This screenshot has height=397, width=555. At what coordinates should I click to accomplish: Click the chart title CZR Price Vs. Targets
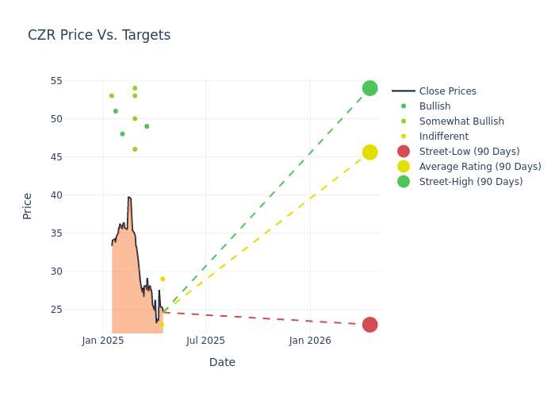99,35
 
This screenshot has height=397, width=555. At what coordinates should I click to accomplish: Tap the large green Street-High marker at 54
370,88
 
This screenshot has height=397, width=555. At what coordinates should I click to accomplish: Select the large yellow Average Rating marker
370,152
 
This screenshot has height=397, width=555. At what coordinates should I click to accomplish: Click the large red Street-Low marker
370,325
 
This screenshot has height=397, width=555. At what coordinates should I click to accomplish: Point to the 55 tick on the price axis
56,81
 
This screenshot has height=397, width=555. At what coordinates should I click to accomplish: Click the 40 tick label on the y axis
56,195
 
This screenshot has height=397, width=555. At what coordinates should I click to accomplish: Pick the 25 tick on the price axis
56,310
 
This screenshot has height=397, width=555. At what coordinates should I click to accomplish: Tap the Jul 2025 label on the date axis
205,341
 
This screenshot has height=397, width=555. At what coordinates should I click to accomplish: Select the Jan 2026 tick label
310,341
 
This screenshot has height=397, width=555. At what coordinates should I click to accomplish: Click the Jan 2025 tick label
103,341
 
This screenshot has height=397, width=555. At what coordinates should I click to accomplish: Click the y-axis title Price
27,206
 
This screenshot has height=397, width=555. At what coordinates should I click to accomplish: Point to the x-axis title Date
222,362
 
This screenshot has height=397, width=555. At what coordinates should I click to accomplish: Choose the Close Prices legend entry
434,91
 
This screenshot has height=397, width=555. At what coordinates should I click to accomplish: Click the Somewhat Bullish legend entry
452,121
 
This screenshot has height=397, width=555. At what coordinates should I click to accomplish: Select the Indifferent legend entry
434,137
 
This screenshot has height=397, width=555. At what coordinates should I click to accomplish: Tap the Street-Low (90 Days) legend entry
459,152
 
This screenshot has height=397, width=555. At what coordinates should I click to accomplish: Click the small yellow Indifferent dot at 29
163,279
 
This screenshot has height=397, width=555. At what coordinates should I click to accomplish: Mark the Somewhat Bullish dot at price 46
135,149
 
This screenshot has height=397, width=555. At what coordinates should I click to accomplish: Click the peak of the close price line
128,197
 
